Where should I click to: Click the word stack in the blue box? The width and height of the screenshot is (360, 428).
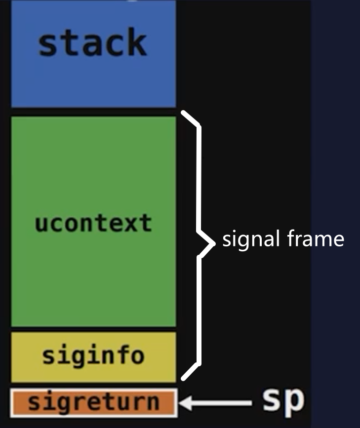[x=92, y=43]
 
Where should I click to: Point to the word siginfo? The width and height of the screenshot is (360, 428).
[x=93, y=355]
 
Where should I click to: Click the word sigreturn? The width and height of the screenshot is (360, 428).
[x=93, y=402]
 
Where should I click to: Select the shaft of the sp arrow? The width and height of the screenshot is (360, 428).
[x=222, y=403]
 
